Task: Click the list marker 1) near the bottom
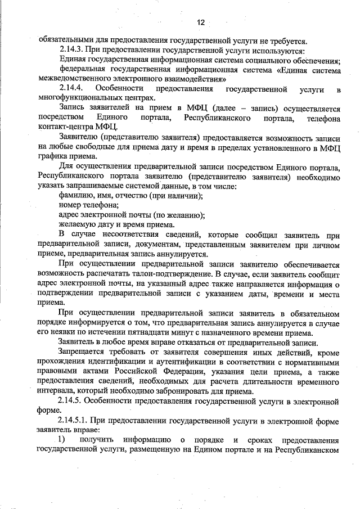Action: pyautogui.click(x=62, y=439)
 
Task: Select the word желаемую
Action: pyautogui.click(x=78, y=224)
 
